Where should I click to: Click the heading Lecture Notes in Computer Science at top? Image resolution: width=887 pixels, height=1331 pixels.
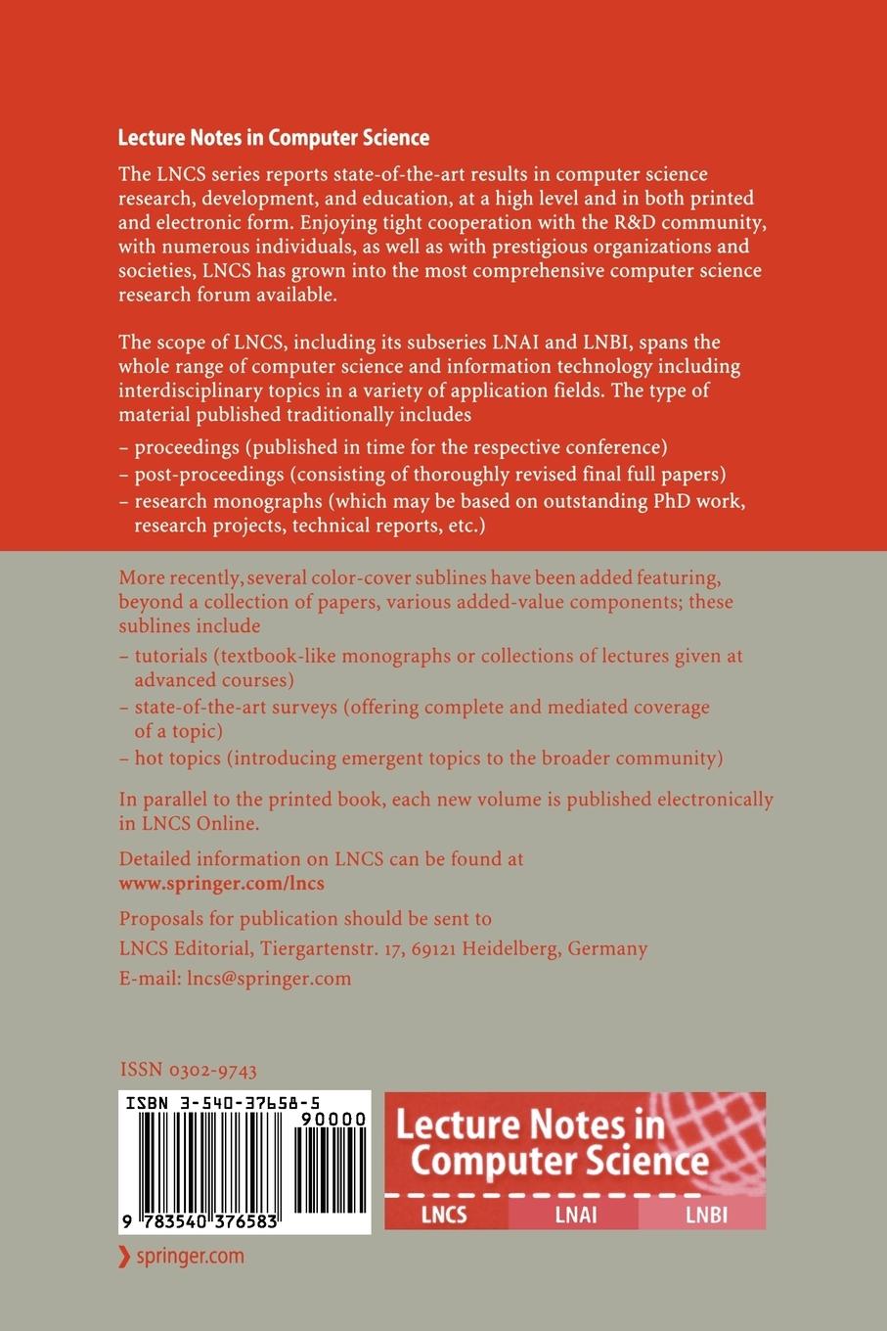tap(273, 138)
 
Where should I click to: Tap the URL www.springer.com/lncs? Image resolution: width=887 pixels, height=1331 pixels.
tap(221, 882)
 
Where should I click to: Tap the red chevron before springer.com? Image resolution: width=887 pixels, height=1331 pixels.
tap(123, 1257)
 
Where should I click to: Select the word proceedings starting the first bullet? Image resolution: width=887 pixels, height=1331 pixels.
tap(187, 448)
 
